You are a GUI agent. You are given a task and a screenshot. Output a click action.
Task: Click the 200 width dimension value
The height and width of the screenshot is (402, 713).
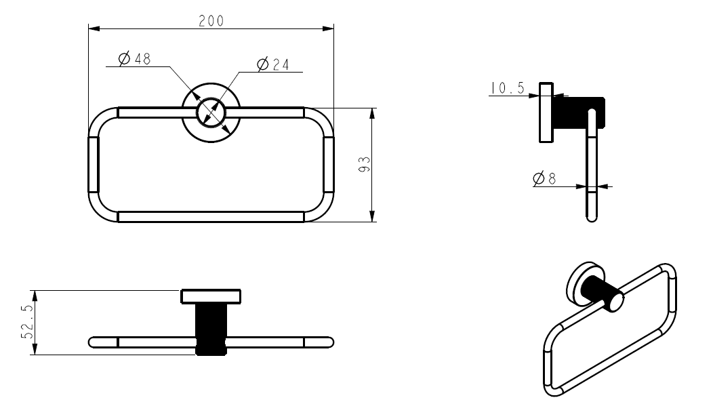point(211,20)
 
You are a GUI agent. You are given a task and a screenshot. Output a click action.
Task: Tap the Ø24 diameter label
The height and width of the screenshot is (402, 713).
point(273,64)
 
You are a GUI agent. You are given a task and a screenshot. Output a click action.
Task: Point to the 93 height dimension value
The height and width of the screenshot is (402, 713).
point(363,165)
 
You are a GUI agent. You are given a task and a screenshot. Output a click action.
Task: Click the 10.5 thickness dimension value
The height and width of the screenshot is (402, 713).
point(508,88)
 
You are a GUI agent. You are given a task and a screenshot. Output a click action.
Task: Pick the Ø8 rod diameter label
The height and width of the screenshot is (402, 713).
point(544,179)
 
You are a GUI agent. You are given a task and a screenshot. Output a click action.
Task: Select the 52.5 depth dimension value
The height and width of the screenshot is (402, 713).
point(26,323)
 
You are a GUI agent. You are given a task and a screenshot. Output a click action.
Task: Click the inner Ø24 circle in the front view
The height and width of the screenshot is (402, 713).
point(210,112)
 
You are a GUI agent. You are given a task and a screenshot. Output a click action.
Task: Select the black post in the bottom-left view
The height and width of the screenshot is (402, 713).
point(210,327)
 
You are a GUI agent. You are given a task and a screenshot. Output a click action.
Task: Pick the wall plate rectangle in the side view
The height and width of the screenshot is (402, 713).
point(546,112)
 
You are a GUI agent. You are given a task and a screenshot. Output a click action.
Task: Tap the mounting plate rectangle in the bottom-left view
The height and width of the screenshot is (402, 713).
point(210,296)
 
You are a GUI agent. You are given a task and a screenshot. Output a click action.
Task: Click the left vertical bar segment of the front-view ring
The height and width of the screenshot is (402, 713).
point(94,165)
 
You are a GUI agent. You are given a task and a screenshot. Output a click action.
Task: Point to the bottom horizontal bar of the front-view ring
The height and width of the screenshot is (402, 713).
point(210,216)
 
